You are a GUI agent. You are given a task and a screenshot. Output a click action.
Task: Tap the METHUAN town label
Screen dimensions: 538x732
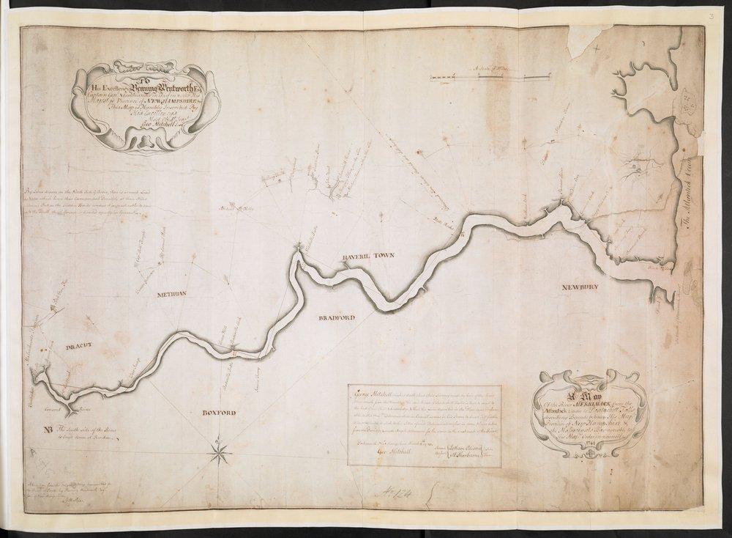coord(173,294)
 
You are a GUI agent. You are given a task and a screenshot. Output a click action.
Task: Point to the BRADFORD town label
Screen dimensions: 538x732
coord(335,319)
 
